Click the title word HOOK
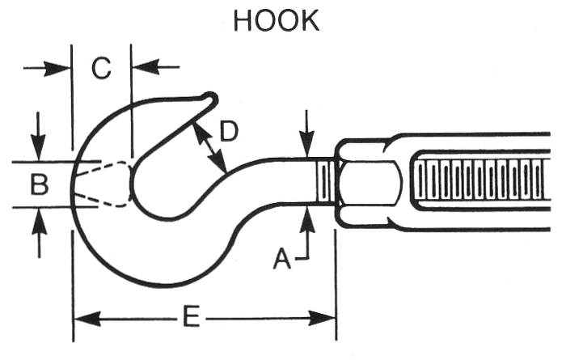pyautogui.click(x=276, y=20)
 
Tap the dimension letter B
pyautogui.click(x=39, y=185)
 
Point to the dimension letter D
pyautogui.click(x=229, y=131)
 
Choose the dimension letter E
pyautogui.click(x=192, y=318)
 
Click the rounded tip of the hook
pyautogui.click(x=211, y=99)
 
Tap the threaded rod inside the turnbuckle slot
pyautogui.click(x=477, y=182)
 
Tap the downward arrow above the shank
pyautogui.click(x=307, y=138)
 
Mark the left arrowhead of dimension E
pyautogui.click(x=85, y=318)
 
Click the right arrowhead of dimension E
pyautogui.click(x=323, y=318)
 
